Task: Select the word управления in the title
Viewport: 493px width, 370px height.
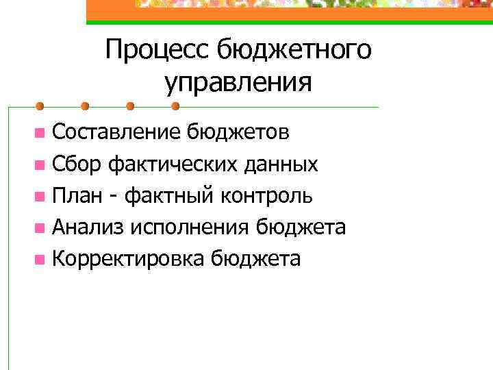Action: tap(238, 83)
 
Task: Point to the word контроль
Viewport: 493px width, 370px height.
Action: tap(268, 196)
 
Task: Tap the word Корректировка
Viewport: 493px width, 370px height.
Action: tap(129, 260)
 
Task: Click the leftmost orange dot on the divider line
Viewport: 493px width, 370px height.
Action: tap(40, 106)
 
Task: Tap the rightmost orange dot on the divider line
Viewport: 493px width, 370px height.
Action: tap(175, 106)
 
